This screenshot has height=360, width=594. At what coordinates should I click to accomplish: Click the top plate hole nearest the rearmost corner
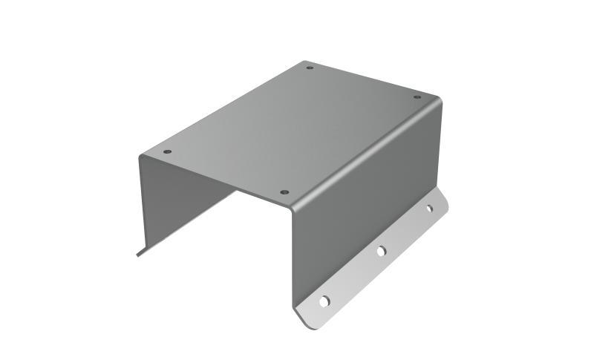coord(310,68)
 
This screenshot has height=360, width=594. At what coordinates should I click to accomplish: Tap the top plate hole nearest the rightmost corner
coord(417,96)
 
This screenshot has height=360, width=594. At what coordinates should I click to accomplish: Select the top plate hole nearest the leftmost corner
coord(167,151)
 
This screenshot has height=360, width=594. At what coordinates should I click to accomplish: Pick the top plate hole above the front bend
coord(284,192)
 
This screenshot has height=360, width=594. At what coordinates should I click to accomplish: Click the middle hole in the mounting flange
coord(380,252)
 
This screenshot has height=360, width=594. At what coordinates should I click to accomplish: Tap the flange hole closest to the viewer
coord(324,301)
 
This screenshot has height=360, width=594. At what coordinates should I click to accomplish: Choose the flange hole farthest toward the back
coord(428,209)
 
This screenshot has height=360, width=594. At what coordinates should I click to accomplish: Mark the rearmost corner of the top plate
coord(305,62)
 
